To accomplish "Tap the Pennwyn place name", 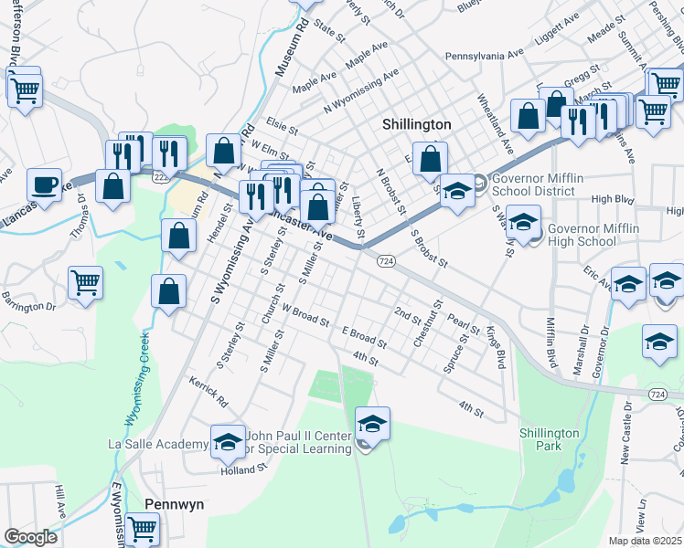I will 174,504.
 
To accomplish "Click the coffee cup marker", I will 44,185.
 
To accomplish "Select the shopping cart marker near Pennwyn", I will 142,529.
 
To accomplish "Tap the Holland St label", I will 242,469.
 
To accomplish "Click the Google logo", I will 30,537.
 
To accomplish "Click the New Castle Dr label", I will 625,434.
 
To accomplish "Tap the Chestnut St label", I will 427,322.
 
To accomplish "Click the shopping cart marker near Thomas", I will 85,281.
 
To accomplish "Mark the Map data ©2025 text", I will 645,541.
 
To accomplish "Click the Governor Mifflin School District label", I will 533,185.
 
